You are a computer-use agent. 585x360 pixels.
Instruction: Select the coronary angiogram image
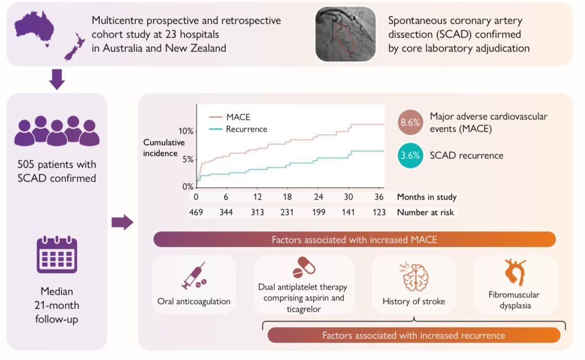coord(345,34)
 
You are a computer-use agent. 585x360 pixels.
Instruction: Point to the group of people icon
coord(57,131)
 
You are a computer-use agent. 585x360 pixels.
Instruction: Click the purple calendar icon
coord(57,255)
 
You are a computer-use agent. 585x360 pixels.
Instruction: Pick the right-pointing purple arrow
coord(122,222)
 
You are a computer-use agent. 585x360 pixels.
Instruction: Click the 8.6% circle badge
coord(411,123)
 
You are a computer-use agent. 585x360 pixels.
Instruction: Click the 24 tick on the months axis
coord(318,197)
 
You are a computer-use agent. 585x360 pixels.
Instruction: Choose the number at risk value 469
coord(196,212)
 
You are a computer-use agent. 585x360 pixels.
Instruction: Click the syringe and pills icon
coord(194,277)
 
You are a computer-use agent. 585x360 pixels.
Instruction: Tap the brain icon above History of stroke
coord(414,278)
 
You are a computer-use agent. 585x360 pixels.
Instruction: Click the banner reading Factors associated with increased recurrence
coord(414,335)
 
